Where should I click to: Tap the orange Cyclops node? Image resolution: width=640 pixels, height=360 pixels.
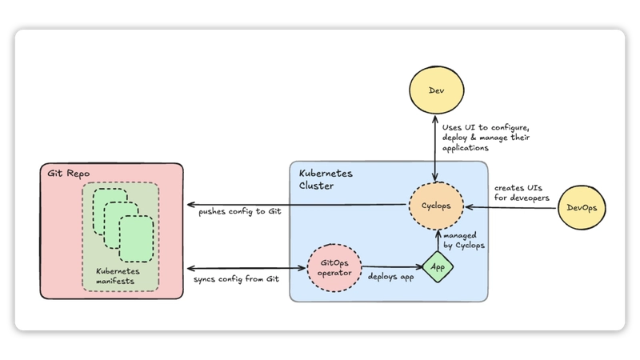pos(436,206)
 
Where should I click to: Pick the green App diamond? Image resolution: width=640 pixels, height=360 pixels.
pos(438,266)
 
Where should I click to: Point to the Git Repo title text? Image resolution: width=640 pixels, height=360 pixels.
pos(66,173)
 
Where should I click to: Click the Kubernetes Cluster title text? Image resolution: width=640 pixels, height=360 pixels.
pos(326,179)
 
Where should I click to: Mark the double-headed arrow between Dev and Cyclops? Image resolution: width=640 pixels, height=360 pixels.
pos(434,149)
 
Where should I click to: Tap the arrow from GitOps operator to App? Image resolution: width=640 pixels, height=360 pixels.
pos(392,266)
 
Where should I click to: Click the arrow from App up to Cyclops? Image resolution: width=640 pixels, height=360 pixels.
pos(438,242)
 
